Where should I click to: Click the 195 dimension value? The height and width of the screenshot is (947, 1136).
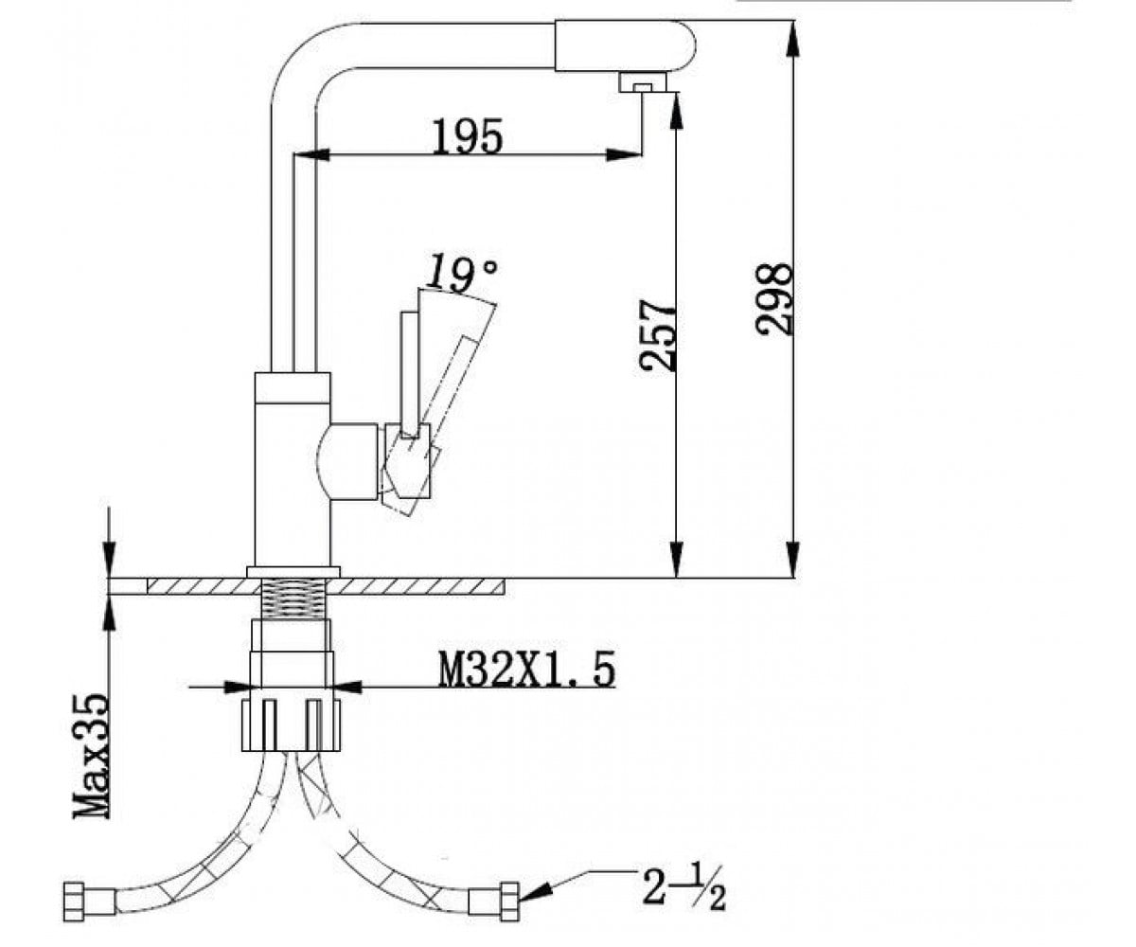click(x=468, y=136)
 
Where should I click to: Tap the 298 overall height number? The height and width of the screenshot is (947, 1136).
click(x=773, y=299)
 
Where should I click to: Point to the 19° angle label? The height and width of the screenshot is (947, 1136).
click(x=460, y=275)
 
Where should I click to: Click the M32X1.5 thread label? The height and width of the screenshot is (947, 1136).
click(x=526, y=670)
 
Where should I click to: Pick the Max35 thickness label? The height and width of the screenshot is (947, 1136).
click(x=92, y=756)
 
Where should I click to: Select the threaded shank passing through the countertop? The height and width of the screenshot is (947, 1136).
click(x=293, y=599)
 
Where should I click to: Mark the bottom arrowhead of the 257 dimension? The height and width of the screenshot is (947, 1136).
click(x=676, y=560)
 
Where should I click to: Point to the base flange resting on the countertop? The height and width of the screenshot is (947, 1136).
click(x=293, y=572)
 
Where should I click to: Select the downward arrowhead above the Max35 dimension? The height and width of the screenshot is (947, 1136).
click(x=110, y=560)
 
